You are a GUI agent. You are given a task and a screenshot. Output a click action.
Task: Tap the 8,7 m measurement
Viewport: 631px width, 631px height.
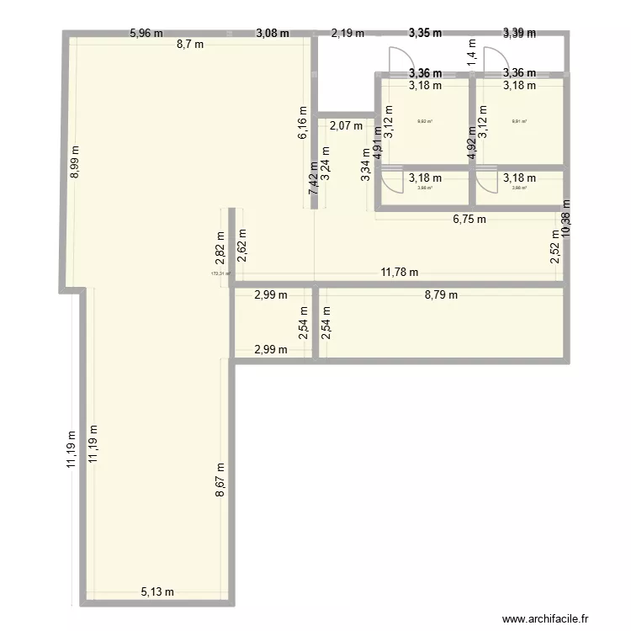(x=189, y=45)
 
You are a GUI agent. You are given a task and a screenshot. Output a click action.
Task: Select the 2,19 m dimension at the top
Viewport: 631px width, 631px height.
(x=347, y=34)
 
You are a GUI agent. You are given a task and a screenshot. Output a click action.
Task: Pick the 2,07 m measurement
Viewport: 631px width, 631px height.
(x=346, y=126)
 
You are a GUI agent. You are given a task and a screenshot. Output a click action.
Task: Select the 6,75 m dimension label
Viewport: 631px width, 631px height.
(x=469, y=220)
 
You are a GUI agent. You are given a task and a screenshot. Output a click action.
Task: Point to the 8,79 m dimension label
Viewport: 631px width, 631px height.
(x=441, y=295)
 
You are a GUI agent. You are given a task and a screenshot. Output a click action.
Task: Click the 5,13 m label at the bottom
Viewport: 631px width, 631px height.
(x=156, y=591)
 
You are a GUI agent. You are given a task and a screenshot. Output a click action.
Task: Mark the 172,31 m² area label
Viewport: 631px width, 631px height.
(x=220, y=273)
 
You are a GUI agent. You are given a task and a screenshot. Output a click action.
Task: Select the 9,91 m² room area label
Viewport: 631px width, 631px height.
(x=519, y=121)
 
